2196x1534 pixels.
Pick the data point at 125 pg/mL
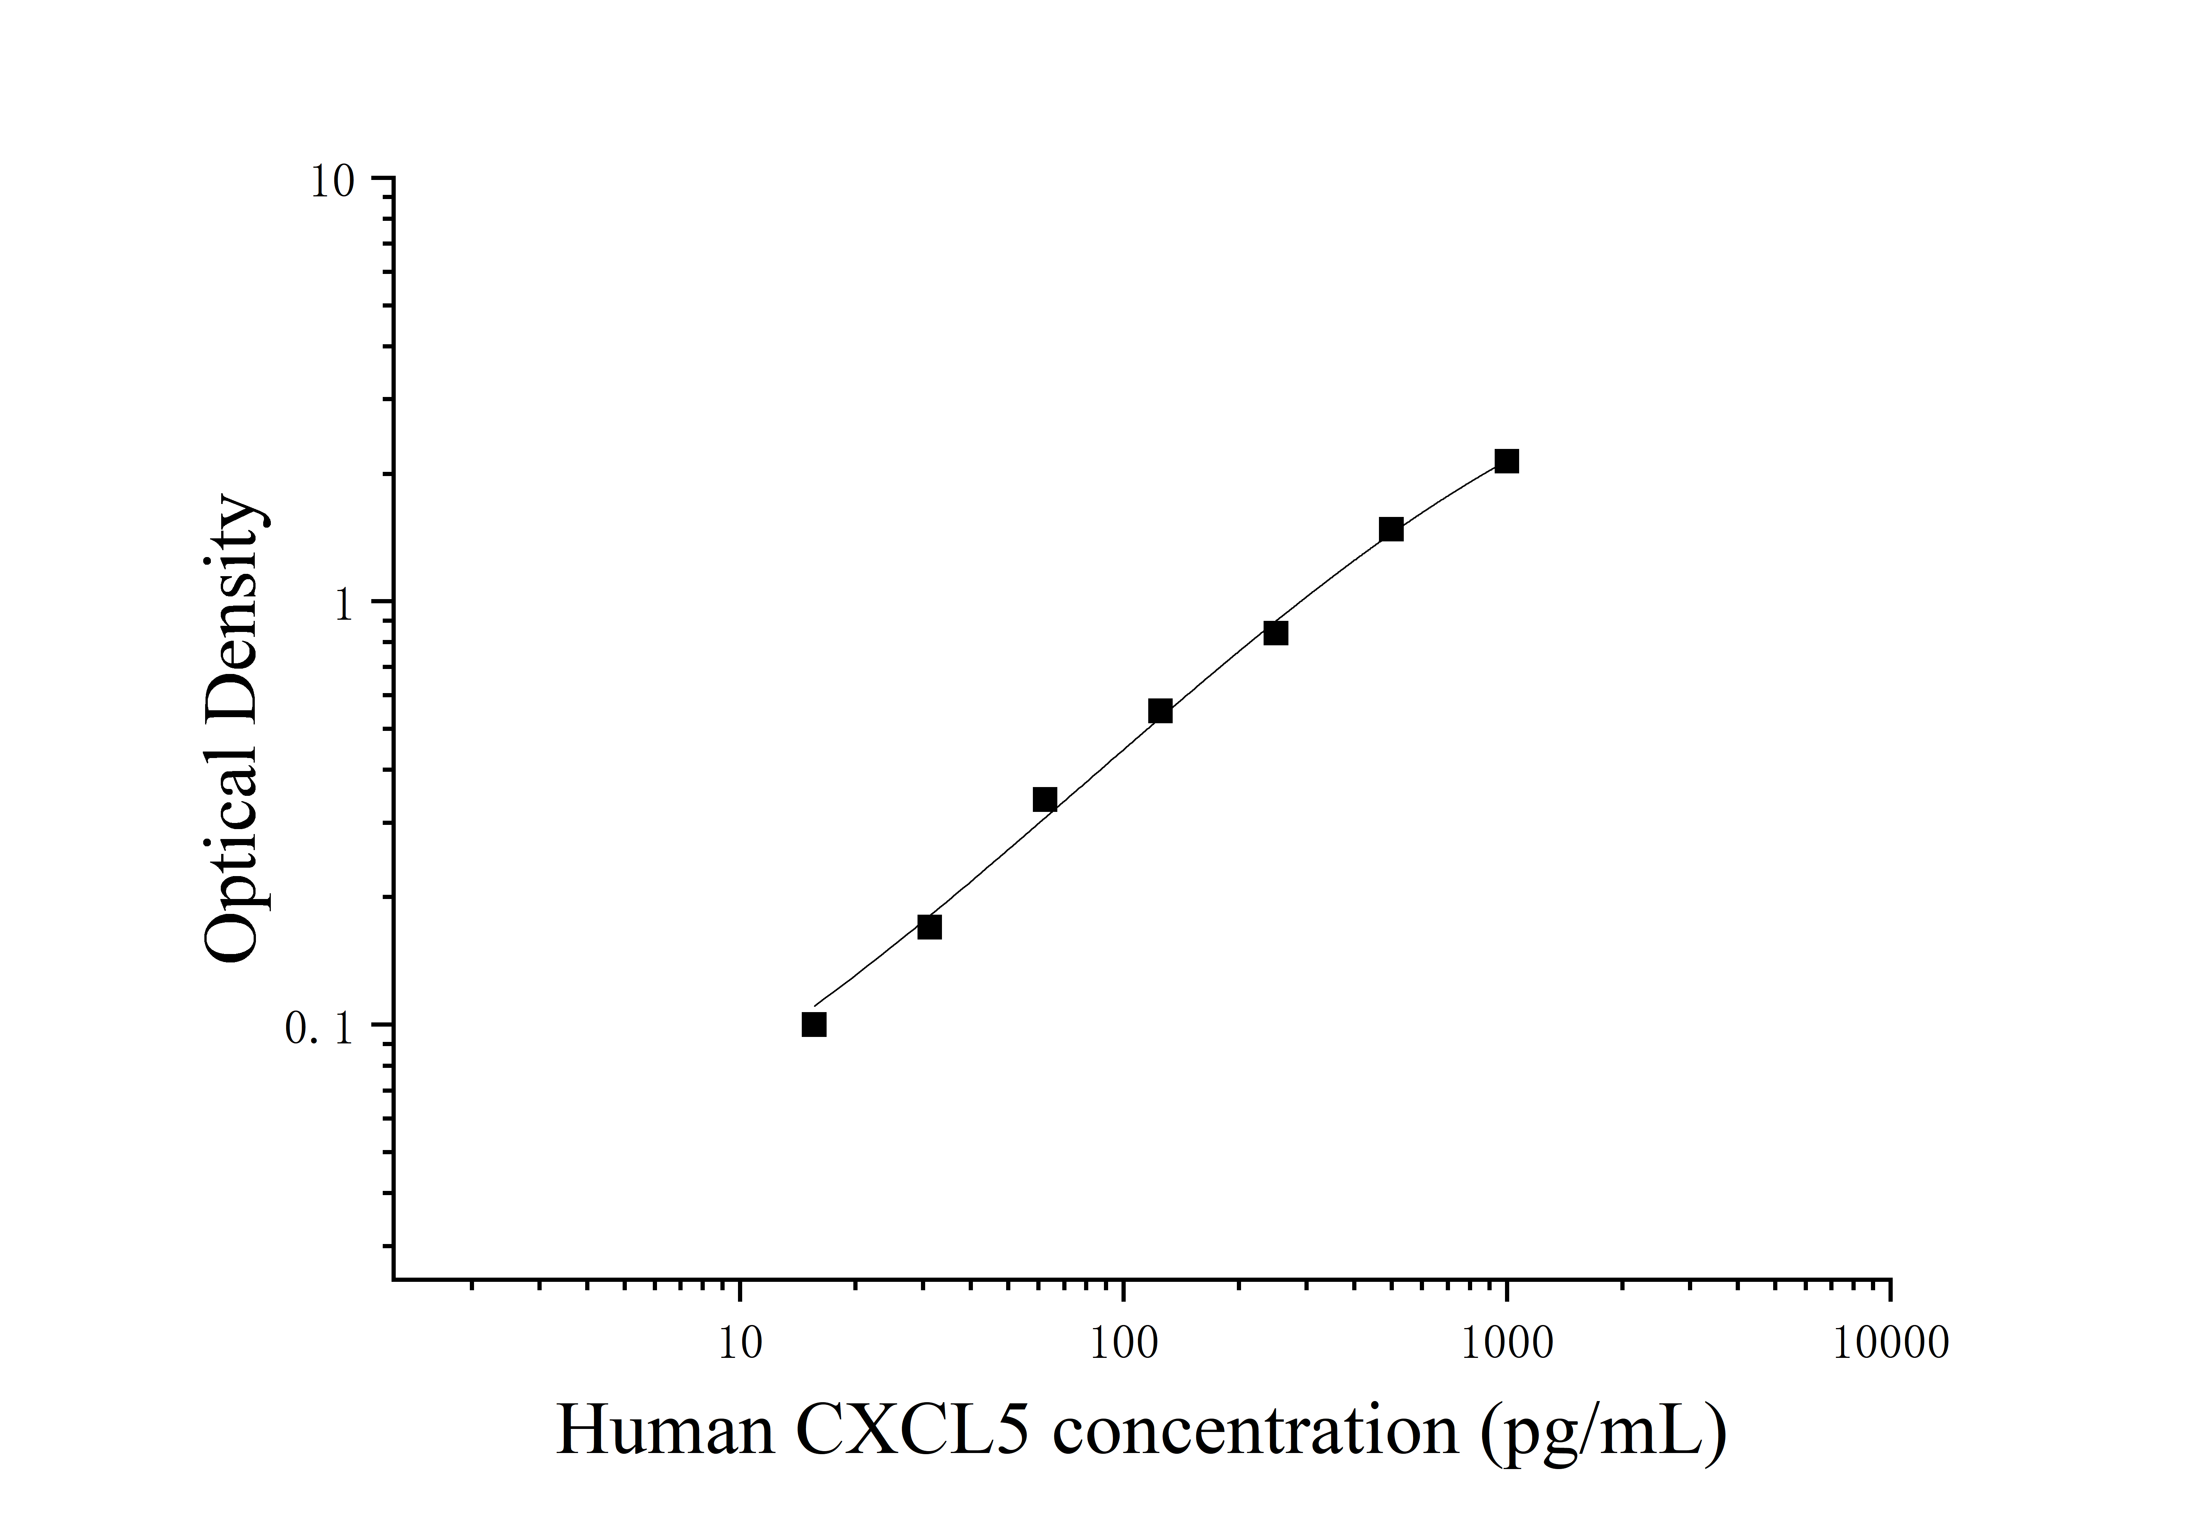click(x=1160, y=711)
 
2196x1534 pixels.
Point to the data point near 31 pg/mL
click(x=929, y=927)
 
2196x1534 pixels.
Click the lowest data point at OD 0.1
click(x=814, y=1025)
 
